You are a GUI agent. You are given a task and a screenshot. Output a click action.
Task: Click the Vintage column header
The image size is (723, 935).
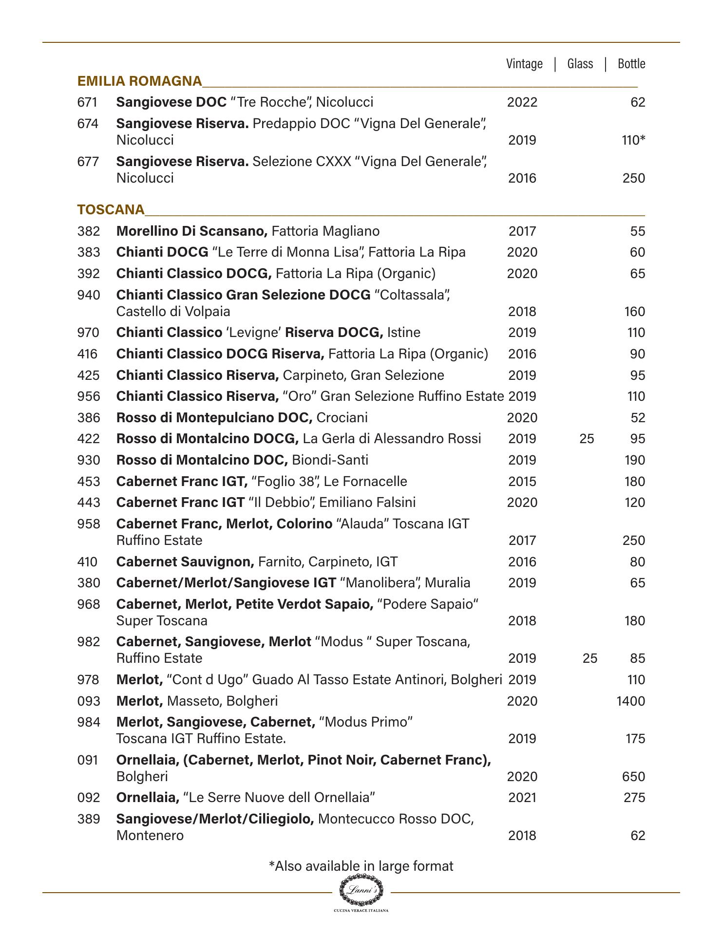click(524, 64)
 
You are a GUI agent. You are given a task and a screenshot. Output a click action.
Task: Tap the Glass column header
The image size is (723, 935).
click(580, 64)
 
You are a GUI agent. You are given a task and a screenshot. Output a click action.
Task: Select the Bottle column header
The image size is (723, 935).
click(631, 64)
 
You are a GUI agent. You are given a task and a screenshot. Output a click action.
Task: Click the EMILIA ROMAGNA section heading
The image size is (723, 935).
click(139, 81)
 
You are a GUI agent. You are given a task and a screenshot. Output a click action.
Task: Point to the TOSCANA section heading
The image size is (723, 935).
click(111, 209)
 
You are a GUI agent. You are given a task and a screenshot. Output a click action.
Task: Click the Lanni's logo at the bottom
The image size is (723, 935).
click(361, 890)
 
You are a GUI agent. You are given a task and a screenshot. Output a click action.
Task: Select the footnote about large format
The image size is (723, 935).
click(361, 866)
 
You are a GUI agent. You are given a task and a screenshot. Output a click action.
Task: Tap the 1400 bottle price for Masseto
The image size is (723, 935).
click(630, 701)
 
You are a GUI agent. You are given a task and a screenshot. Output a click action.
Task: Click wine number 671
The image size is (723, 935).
click(88, 102)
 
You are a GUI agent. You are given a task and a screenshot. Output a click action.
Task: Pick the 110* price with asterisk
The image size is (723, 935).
click(633, 140)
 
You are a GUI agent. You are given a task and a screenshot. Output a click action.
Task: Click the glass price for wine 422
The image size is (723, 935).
click(587, 439)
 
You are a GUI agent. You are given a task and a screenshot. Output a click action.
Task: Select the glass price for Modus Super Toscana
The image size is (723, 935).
click(590, 658)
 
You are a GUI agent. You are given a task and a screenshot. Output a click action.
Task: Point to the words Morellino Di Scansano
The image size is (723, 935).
click(191, 231)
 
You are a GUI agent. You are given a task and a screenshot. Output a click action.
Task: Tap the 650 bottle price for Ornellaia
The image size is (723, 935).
click(633, 776)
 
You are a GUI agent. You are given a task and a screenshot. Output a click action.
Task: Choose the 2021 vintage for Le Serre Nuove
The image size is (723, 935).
click(522, 798)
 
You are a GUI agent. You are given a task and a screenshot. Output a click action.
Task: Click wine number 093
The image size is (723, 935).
click(88, 701)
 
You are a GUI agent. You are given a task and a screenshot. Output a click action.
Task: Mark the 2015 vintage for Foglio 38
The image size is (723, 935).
click(522, 482)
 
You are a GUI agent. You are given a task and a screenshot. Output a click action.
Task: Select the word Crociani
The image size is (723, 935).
click(342, 418)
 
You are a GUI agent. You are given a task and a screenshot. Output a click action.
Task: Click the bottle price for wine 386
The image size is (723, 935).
click(637, 418)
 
